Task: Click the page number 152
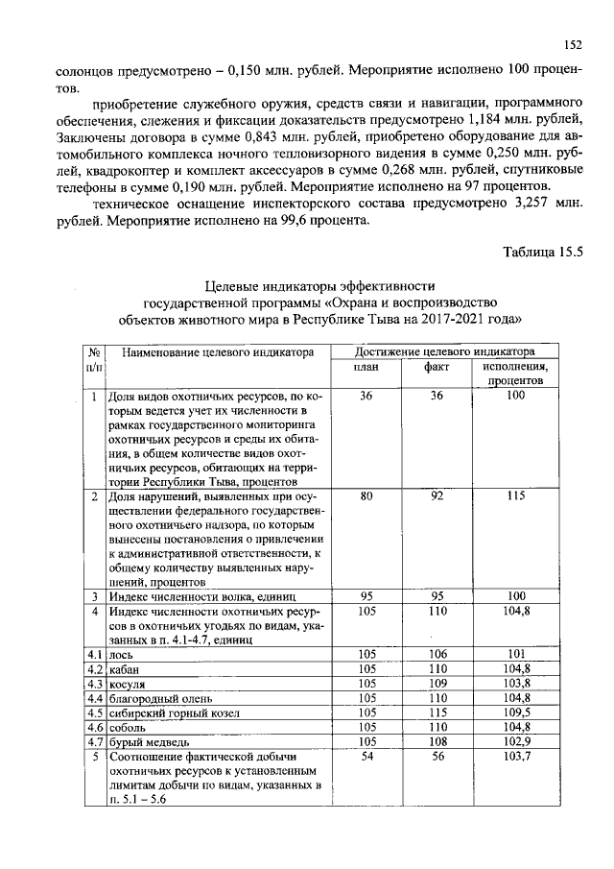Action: [x=574, y=44]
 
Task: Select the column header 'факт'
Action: [x=437, y=368]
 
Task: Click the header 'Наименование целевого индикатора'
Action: [x=219, y=352]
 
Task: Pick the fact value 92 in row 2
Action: [x=437, y=496]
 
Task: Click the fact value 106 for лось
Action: [x=437, y=655]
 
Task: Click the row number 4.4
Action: [x=94, y=698]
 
